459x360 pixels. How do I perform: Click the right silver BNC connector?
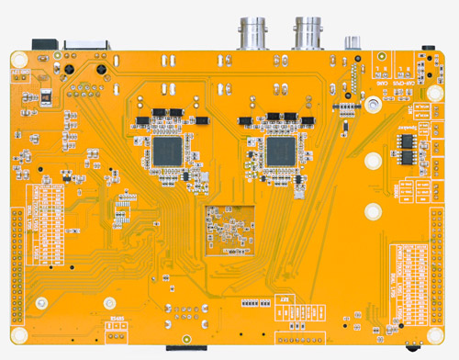308,32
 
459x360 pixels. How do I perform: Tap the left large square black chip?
168,149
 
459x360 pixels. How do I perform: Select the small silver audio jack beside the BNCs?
351,41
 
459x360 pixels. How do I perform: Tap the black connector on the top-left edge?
44,43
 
